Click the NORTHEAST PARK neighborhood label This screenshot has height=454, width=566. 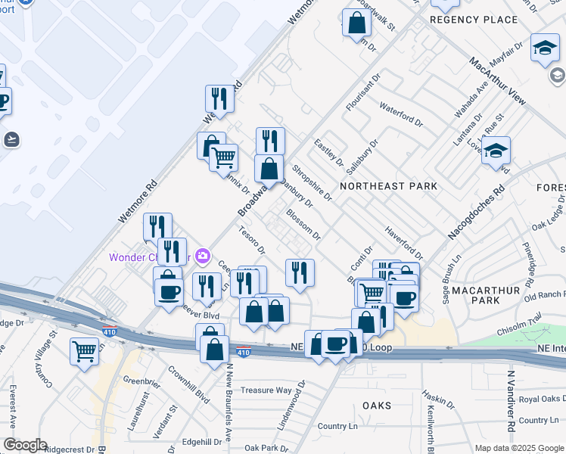388,185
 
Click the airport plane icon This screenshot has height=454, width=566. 11,139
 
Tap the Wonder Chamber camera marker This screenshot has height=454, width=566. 202,257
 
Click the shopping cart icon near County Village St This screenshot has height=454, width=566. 84,350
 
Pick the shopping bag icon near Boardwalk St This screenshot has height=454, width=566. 356,23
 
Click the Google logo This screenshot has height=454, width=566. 24,445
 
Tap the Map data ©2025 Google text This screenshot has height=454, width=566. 518,448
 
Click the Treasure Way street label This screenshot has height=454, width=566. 266,390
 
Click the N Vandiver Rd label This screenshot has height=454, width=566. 511,400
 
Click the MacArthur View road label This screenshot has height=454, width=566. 496,82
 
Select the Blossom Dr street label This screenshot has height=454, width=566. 303,225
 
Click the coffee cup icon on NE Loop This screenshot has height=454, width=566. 335,344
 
